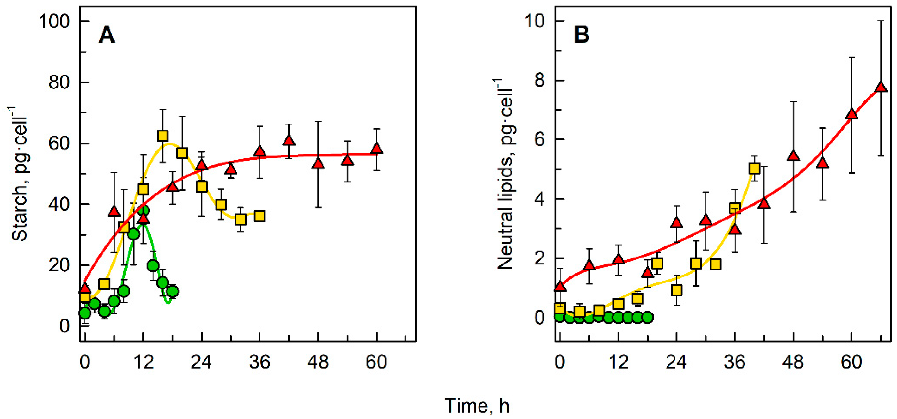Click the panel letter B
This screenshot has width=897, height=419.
tap(582, 35)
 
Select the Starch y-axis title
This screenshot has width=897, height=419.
tap(19, 174)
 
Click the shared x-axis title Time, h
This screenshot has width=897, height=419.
tap(477, 406)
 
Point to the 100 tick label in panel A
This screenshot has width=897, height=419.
tap(54, 21)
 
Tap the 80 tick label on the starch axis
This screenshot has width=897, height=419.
tap(59, 82)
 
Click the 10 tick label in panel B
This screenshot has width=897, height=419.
tap(534, 21)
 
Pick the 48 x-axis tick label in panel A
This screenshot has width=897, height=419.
tap(318, 362)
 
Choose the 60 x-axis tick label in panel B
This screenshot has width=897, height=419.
tap(851, 362)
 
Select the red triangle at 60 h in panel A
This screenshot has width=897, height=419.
tap(376, 149)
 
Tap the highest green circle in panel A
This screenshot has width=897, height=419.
tap(143, 210)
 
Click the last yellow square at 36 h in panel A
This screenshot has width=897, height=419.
tap(260, 216)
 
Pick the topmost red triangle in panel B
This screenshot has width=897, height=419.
tap(881, 87)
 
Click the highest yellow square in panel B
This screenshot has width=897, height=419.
tap(754, 169)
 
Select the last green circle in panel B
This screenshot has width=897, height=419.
tap(647, 317)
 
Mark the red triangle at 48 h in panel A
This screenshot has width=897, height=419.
tap(318, 164)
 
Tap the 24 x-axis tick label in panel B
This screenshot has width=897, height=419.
tap(676, 362)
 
